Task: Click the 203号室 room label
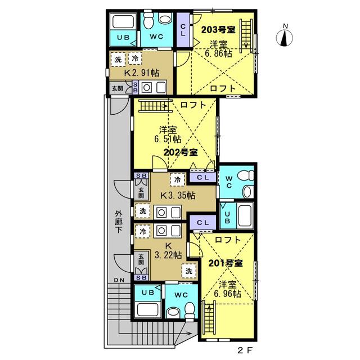(218, 30)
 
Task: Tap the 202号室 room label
(181, 152)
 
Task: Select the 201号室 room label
(226, 263)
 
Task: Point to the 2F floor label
(245, 350)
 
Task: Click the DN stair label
(119, 280)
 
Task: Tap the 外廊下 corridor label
(119, 222)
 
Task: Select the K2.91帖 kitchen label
(141, 73)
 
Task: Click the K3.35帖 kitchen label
(178, 196)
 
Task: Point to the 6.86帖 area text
(218, 53)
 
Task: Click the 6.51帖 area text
(168, 139)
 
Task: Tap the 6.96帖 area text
(227, 294)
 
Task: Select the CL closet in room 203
(183, 30)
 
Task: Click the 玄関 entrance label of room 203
(118, 88)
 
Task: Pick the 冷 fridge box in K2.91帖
(135, 58)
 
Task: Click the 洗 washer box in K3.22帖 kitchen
(189, 271)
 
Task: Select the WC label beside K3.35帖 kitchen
(229, 182)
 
